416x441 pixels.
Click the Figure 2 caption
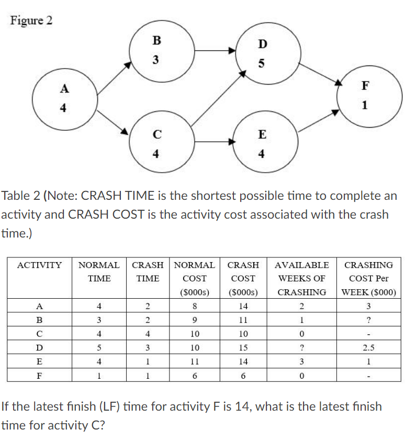click(31, 20)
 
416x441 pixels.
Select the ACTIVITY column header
click(40, 265)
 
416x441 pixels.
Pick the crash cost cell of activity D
click(243, 347)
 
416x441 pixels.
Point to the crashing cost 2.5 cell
click(369, 347)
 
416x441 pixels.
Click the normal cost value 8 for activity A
click(194, 306)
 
